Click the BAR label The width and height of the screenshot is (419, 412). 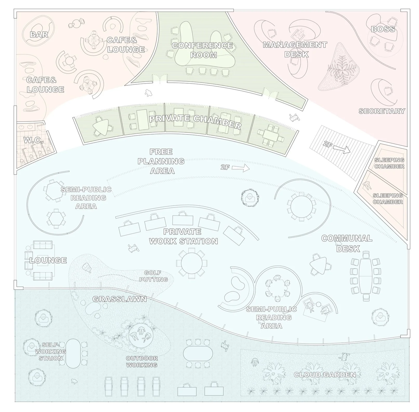[39, 34]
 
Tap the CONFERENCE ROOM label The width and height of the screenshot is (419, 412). [202, 50]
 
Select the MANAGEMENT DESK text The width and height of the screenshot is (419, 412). [295, 49]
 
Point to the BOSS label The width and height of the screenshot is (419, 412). [383, 29]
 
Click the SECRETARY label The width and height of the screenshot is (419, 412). [382, 111]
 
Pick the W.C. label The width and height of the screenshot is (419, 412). [34, 140]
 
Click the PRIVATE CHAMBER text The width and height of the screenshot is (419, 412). [195, 122]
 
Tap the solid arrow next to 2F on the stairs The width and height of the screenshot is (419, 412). [342, 149]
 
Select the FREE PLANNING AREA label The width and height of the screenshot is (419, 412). [161, 161]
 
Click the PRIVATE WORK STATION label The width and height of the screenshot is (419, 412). [183, 236]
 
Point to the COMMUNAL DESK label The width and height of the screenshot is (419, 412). [347, 243]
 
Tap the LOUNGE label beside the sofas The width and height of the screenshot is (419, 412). [48, 260]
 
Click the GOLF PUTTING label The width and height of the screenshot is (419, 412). [154, 276]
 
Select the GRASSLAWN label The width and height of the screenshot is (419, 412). [119, 299]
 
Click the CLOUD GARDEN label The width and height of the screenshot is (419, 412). [325, 374]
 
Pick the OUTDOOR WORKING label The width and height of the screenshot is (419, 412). [142, 361]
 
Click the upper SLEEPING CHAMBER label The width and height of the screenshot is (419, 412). [389, 163]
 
